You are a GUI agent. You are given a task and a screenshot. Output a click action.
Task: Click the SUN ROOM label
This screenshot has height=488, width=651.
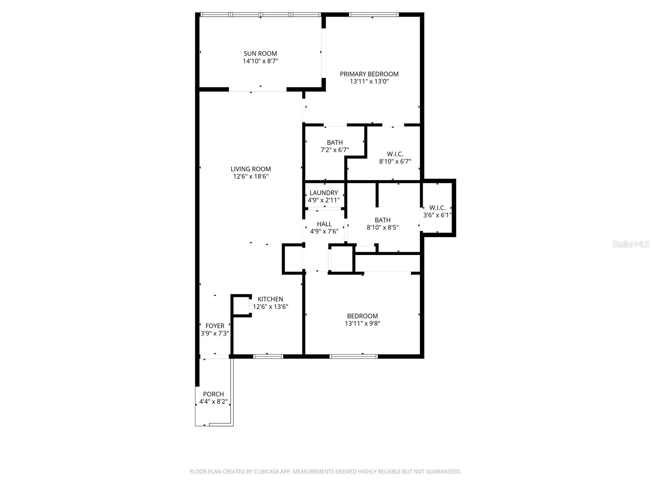260,53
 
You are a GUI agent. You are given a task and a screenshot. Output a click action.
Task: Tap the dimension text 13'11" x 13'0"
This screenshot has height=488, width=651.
369,81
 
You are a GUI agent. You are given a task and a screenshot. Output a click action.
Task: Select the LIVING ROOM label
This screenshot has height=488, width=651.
251,169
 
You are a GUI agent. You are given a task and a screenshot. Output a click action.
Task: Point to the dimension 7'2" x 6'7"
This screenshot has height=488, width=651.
334,150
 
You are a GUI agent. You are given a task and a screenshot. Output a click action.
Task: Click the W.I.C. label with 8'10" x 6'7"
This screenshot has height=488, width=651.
395,154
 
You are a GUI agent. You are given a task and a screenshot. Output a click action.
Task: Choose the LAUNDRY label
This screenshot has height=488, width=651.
323,193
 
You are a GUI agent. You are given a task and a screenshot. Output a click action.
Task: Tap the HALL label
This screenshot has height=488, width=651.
324,224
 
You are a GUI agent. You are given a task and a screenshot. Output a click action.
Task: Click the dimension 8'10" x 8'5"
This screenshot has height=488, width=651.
382,228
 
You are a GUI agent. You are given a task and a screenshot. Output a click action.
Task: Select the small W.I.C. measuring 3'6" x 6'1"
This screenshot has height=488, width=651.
437,208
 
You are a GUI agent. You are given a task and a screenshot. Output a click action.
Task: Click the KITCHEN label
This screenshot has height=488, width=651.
270,299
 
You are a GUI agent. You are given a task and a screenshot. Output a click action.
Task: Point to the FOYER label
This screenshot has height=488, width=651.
215,326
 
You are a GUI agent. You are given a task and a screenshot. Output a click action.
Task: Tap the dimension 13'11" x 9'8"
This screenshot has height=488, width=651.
362,324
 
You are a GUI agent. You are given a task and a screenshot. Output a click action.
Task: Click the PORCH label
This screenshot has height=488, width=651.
213,394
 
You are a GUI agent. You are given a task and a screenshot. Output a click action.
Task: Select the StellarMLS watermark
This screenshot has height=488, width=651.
631,244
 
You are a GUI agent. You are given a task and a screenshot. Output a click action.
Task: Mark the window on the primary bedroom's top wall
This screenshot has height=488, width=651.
374,15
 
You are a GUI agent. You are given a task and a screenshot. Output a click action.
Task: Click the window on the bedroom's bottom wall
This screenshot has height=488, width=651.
354,357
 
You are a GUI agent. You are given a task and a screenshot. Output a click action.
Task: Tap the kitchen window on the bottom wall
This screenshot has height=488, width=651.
268,357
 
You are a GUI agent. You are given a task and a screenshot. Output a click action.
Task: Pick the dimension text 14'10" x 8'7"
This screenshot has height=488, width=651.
260,61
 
